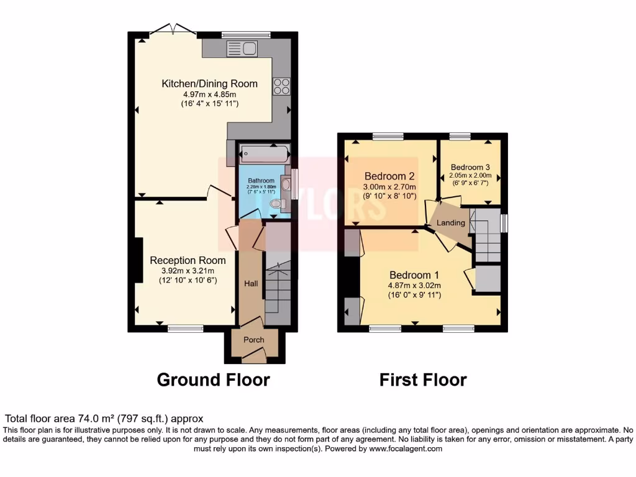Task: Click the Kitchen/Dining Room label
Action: pyautogui.click(x=209, y=84)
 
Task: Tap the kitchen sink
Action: pyautogui.click(x=242, y=48)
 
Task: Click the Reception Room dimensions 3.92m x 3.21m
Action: pyautogui.click(x=186, y=271)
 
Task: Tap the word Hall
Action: pyautogui.click(x=251, y=283)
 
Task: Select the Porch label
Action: pyautogui.click(x=253, y=340)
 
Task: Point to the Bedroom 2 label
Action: pyautogui.click(x=389, y=175)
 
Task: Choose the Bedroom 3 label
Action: pyautogui.click(x=470, y=167)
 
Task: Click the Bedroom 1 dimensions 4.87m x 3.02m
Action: pyautogui.click(x=415, y=286)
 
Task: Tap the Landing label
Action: pyautogui.click(x=451, y=223)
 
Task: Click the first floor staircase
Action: pyautogui.click(x=488, y=236)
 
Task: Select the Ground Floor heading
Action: pyautogui.click(x=213, y=379)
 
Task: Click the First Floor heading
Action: pyautogui.click(x=423, y=379)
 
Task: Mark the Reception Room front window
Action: pyautogui.click(x=185, y=328)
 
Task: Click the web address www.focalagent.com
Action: pyautogui.click(x=406, y=448)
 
